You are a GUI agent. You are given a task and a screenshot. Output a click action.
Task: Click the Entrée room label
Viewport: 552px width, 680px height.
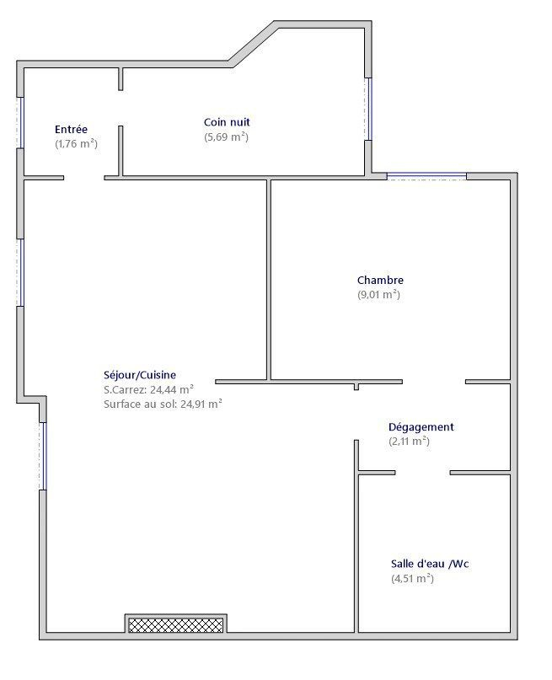(71, 129)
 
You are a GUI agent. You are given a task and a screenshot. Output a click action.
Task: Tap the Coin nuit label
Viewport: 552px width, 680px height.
(227, 122)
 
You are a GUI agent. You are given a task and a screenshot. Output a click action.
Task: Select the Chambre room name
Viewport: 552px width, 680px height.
(380, 280)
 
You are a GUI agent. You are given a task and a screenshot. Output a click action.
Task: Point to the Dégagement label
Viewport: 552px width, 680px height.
(421, 427)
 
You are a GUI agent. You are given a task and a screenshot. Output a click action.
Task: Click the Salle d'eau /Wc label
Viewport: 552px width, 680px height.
(430, 564)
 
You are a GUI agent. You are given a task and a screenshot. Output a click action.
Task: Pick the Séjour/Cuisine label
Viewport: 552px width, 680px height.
(140, 375)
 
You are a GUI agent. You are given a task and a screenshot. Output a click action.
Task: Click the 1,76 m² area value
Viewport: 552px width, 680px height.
(77, 143)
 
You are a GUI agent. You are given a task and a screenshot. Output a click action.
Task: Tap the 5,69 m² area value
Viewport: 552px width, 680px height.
(227, 137)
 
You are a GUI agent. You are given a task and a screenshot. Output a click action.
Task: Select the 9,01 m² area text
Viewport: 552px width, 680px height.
(378, 295)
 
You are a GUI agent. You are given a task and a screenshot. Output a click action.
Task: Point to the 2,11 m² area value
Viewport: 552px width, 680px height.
(409, 442)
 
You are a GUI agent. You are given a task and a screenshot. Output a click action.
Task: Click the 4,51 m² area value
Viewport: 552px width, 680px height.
(412, 579)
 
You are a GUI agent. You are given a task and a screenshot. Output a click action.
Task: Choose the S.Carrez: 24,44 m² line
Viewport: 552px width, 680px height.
(148, 389)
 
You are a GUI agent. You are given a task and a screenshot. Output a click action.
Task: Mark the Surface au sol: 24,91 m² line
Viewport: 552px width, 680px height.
(163, 404)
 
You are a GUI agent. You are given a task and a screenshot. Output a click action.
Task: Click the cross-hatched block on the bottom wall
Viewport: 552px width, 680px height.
(176, 625)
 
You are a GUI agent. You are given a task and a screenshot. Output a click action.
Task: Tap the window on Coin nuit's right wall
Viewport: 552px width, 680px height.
(369, 109)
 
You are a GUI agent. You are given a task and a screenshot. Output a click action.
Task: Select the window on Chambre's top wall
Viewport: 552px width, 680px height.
(426, 176)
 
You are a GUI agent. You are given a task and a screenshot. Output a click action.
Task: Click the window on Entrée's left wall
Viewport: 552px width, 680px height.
(20, 123)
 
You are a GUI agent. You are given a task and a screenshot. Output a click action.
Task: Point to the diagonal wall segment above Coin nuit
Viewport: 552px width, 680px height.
(254, 44)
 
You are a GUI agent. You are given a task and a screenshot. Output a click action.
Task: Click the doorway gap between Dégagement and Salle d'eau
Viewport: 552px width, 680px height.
(422, 473)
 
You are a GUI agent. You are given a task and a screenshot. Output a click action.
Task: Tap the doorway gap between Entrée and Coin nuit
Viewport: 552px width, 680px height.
(121, 108)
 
